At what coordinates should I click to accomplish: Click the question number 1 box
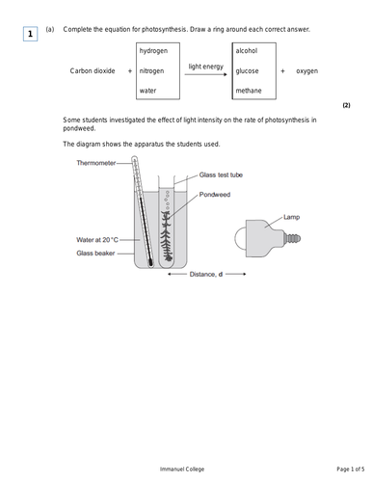click(x=31, y=35)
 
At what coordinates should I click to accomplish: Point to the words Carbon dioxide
click(x=93, y=71)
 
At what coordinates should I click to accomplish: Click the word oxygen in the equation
click(x=306, y=71)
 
